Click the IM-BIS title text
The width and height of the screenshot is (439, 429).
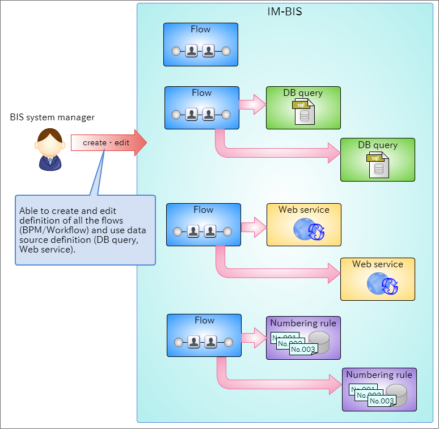285,12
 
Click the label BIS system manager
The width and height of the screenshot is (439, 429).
52,117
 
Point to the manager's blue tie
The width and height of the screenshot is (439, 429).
50,161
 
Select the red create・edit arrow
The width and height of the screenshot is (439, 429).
109,142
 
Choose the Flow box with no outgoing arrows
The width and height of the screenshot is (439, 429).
201,44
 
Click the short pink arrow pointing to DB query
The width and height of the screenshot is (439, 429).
252,104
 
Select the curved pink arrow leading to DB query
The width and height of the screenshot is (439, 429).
269,153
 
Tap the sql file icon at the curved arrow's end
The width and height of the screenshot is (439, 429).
378,165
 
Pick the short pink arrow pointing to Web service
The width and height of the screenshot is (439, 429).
254,227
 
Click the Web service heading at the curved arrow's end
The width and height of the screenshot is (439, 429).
378,264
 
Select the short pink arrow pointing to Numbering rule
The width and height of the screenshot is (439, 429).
254,338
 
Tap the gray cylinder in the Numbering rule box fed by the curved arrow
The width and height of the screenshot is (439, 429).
396,395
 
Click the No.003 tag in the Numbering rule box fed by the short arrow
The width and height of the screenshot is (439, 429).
303,349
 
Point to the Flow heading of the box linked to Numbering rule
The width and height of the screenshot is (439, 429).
204,320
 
